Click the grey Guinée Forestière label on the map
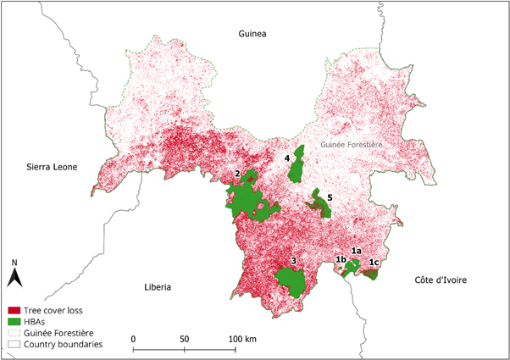pyautogui.click(x=352, y=145)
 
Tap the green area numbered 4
pyautogui.click(x=297, y=170)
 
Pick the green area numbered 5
pyautogui.click(x=319, y=203)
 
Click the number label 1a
pyautogui.click(x=357, y=252)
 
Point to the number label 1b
pyautogui.click(x=341, y=259)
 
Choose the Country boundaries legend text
pyautogui.click(x=64, y=345)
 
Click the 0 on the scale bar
pyautogui.click(x=134, y=339)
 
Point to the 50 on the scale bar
pyautogui.click(x=185, y=339)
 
